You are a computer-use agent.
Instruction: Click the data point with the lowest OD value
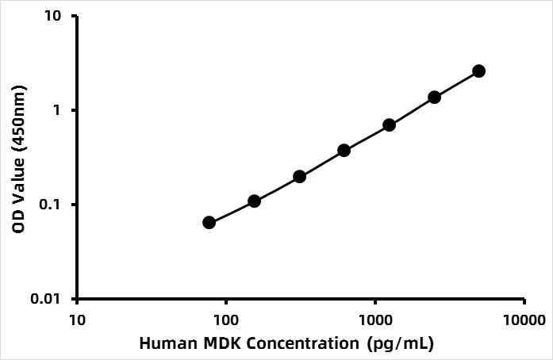click(x=209, y=222)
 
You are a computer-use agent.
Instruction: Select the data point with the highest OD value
click(x=478, y=71)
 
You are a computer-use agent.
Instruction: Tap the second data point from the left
click(x=254, y=201)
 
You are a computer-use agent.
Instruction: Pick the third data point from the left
click(x=299, y=176)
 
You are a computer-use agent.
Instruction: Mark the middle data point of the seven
click(x=344, y=150)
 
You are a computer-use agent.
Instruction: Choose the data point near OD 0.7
click(x=389, y=124)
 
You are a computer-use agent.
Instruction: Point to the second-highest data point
click(x=434, y=97)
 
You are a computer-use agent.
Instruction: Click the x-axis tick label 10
click(x=77, y=320)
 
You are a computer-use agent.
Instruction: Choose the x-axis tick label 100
click(x=226, y=320)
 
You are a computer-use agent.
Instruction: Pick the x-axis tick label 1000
click(x=375, y=320)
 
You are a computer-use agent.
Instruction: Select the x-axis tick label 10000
click(x=524, y=320)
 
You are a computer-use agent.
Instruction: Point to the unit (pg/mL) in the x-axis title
click(x=401, y=344)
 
